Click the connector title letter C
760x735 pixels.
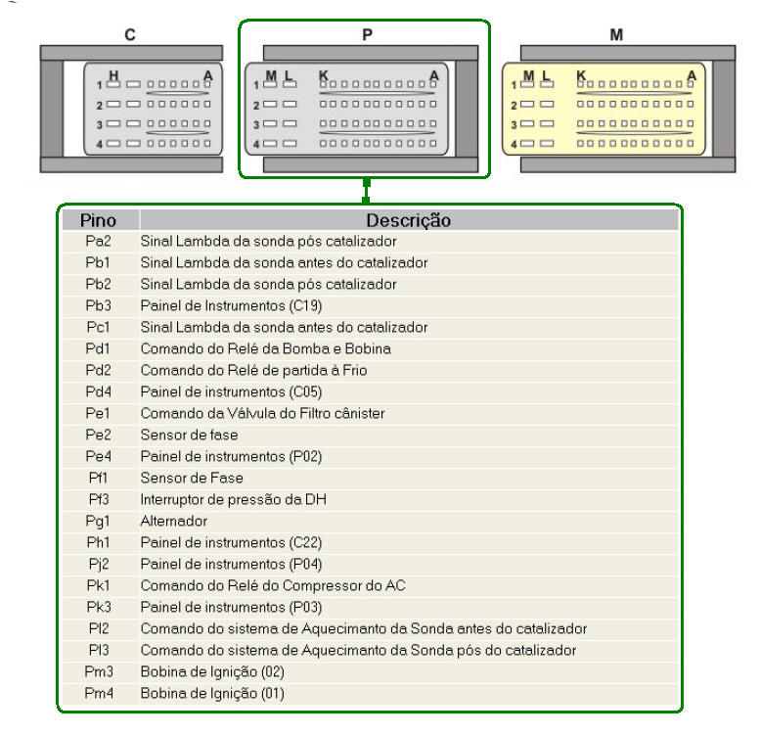point(130,35)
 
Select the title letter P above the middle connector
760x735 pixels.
point(368,35)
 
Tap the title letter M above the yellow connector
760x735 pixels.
point(616,35)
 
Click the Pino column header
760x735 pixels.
point(98,220)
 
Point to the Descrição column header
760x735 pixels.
point(408,220)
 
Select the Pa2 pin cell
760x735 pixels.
point(98,241)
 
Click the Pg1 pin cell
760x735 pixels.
point(98,522)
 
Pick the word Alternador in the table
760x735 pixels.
point(174,522)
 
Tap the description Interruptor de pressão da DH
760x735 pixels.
point(233,499)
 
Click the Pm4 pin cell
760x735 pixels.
point(99,693)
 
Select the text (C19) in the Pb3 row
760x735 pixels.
point(305,306)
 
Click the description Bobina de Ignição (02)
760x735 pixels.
point(212,672)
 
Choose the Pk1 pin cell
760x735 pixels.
point(99,585)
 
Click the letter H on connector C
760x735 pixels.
point(113,75)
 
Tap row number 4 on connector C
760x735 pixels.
point(100,145)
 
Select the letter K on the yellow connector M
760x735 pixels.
point(581,75)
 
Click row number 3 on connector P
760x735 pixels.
point(256,125)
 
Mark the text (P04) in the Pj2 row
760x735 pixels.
point(305,565)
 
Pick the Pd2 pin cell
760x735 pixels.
point(99,370)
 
